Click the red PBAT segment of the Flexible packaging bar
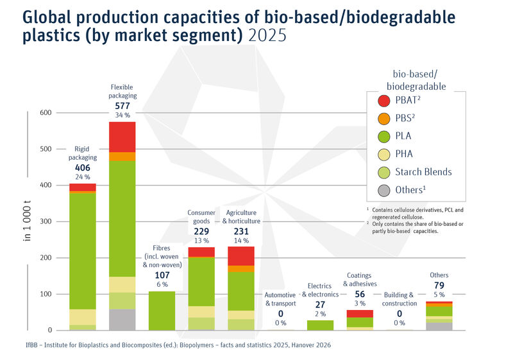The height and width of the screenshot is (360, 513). click(122, 136)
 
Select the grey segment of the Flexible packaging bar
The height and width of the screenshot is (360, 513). click(122, 319)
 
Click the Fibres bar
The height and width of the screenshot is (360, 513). click(162, 311)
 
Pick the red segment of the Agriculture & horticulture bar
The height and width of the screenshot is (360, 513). click(241, 255)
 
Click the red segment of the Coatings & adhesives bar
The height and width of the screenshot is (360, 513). click(360, 313)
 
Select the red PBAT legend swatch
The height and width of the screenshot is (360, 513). click(383, 100)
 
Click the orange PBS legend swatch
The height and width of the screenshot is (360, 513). click(383, 118)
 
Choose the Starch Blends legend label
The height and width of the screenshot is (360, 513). click(423, 172)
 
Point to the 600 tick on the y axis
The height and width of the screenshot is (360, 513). click(46, 113)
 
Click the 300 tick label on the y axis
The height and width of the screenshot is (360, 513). click(46, 221)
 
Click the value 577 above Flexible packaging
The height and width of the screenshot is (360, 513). click(122, 106)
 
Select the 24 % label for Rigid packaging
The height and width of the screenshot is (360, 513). click(82, 176)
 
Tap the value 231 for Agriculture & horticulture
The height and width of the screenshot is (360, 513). click(241, 232)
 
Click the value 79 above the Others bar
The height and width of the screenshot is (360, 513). click(440, 286)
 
